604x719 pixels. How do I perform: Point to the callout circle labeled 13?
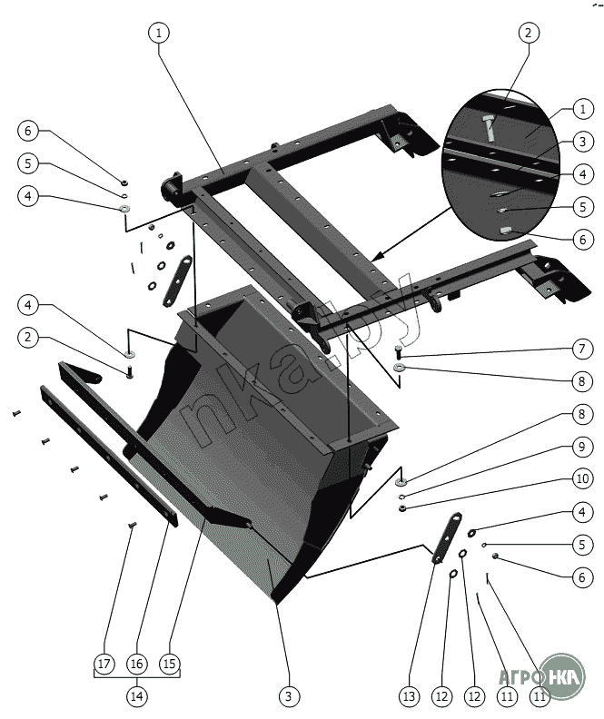pyautogui.click(x=408, y=696)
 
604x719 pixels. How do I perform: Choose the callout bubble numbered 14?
pyautogui.click(x=136, y=696)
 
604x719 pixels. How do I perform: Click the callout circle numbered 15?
pyautogui.click(x=168, y=664)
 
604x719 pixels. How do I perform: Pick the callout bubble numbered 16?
pyautogui.click(x=136, y=664)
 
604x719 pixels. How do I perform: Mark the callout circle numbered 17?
pyautogui.click(x=104, y=664)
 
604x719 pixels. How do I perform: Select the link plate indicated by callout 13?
pyautogui.click(x=444, y=539)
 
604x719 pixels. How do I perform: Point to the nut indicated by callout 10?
pyautogui.click(x=401, y=509)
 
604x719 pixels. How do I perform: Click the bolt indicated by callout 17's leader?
pyautogui.click(x=133, y=525)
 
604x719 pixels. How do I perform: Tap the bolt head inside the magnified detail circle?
pyautogui.click(x=490, y=124)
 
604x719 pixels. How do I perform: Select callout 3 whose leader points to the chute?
pyautogui.click(x=288, y=696)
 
